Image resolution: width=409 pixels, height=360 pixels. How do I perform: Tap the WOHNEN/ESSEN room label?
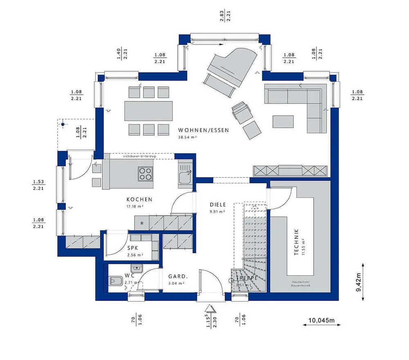203,130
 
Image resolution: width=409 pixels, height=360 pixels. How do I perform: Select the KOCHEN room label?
139,200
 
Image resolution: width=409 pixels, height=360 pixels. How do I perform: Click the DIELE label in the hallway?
218,205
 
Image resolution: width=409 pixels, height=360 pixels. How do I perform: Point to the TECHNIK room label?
297,243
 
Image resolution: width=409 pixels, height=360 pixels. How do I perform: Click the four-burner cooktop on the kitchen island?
145,174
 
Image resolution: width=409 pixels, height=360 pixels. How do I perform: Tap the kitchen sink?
185,177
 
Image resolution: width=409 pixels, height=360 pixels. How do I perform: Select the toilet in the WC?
115,281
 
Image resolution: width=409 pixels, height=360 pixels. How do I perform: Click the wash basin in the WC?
136,268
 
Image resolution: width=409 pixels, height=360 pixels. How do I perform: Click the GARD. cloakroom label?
178,276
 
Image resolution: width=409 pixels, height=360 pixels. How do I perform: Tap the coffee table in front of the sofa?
283,121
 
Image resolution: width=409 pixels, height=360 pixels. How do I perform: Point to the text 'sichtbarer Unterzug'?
139,156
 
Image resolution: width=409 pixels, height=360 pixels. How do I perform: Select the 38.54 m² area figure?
188,137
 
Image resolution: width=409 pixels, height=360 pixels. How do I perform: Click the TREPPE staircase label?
246,278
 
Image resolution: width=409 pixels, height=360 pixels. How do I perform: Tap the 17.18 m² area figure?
135,206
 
